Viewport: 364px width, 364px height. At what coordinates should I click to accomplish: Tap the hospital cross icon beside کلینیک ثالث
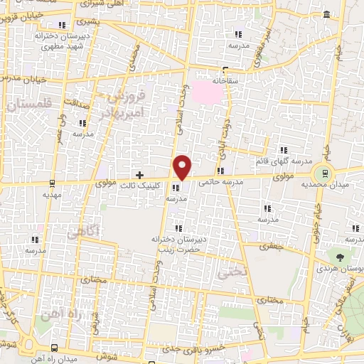(x=139, y=174)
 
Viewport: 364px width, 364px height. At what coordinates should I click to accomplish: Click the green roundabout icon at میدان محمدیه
(x=324, y=171)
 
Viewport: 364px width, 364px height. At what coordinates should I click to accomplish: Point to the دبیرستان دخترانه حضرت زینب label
(x=177, y=245)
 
